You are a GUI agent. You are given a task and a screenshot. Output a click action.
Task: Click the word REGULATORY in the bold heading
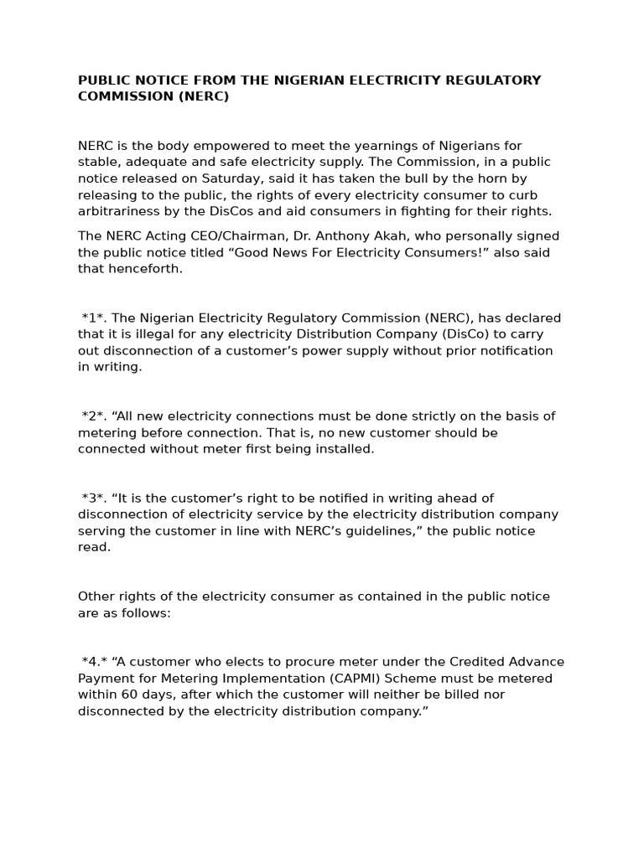[x=487, y=80]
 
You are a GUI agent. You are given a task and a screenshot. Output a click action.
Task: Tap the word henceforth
[x=143, y=269]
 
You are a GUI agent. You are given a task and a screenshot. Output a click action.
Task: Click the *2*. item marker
[x=95, y=416]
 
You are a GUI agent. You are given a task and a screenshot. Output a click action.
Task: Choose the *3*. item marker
[x=95, y=499]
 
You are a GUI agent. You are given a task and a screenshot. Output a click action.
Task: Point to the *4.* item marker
[x=95, y=662]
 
